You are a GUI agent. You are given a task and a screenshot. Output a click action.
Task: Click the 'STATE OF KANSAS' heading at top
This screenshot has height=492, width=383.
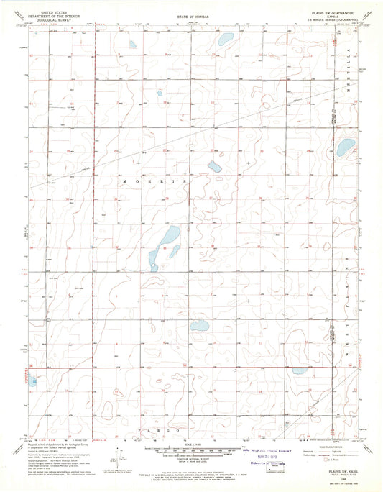[x=190, y=14]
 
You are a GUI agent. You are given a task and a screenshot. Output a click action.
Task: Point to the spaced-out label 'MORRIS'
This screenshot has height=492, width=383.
[x=154, y=183]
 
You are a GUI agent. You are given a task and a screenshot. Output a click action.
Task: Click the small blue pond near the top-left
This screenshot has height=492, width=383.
[x=132, y=45]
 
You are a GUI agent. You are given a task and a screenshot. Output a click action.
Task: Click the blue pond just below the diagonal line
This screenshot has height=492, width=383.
[x=213, y=167]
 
